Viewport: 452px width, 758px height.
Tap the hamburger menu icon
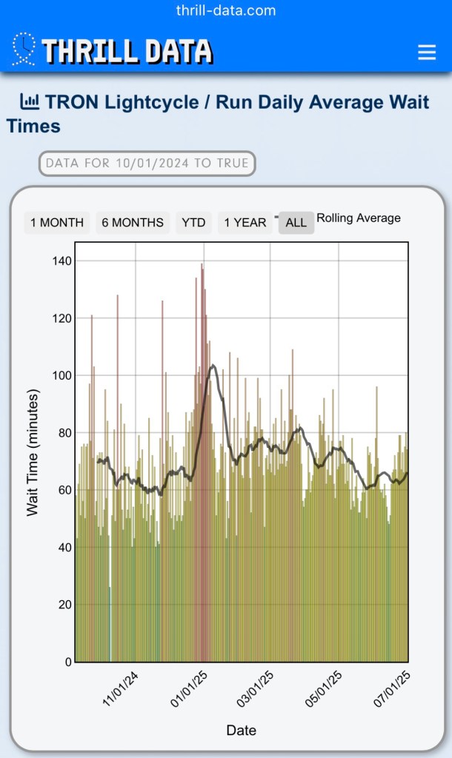(x=427, y=52)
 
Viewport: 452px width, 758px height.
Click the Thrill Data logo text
(x=127, y=51)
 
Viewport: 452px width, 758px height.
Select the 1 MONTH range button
(x=57, y=222)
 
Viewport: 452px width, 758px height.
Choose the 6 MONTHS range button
(x=133, y=222)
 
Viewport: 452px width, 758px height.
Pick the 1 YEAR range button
(x=245, y=222)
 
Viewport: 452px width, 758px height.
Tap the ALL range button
(x=296, y=222)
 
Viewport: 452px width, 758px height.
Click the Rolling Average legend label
(x=359, y=218)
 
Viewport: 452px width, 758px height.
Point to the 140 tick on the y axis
(x=62, y=261)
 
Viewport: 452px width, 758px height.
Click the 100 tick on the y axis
(x=62, y=375)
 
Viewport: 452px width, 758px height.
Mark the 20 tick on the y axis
(x=64, y=605)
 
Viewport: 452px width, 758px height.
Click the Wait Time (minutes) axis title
(x=33, y=453)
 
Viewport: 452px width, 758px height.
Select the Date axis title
(x=241, y=731)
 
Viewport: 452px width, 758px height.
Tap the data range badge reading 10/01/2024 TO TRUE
(x=147, y=163)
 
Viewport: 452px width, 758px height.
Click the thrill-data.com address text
(x=226, y=10)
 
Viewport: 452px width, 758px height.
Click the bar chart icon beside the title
(x=30, y=101)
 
